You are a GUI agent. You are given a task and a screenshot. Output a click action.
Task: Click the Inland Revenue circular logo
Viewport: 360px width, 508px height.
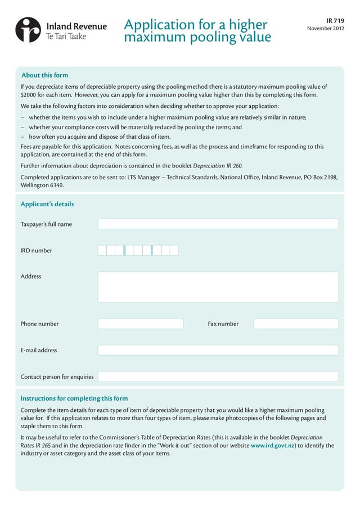coord(28,30)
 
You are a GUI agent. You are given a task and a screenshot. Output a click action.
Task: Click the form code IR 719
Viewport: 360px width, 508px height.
coord(335,20)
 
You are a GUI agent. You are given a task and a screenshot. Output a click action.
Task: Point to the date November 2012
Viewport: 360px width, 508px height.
coord(326,29)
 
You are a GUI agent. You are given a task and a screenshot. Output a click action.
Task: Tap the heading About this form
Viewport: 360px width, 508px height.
coord(44,75)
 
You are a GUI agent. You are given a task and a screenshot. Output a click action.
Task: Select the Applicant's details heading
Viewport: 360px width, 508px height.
coord(47,204)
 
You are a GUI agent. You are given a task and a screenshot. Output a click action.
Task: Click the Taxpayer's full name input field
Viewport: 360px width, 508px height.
coord(218,224)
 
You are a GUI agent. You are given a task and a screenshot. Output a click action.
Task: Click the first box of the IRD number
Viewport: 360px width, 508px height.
coord(102,251)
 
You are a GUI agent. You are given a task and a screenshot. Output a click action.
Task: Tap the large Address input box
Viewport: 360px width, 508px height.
coord(218,287)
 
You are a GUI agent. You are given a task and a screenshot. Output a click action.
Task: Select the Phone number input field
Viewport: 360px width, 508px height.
coord(141,324)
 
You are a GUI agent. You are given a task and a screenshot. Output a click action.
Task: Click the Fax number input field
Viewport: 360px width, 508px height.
coord(296,324)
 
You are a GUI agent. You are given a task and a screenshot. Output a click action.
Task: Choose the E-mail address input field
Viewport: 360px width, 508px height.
coord(218,350)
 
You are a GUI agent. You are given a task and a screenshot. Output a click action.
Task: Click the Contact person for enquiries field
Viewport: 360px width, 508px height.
coord(218,377)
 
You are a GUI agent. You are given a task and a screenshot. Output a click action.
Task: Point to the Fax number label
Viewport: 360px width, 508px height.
coord(223,324)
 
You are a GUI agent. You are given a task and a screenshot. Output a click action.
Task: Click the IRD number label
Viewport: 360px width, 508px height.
coord(36,251)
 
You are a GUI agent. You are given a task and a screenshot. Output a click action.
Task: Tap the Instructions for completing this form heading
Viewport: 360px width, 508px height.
coord(74,398)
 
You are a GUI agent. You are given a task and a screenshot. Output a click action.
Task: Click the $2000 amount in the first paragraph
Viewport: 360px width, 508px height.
coord(29,95)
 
